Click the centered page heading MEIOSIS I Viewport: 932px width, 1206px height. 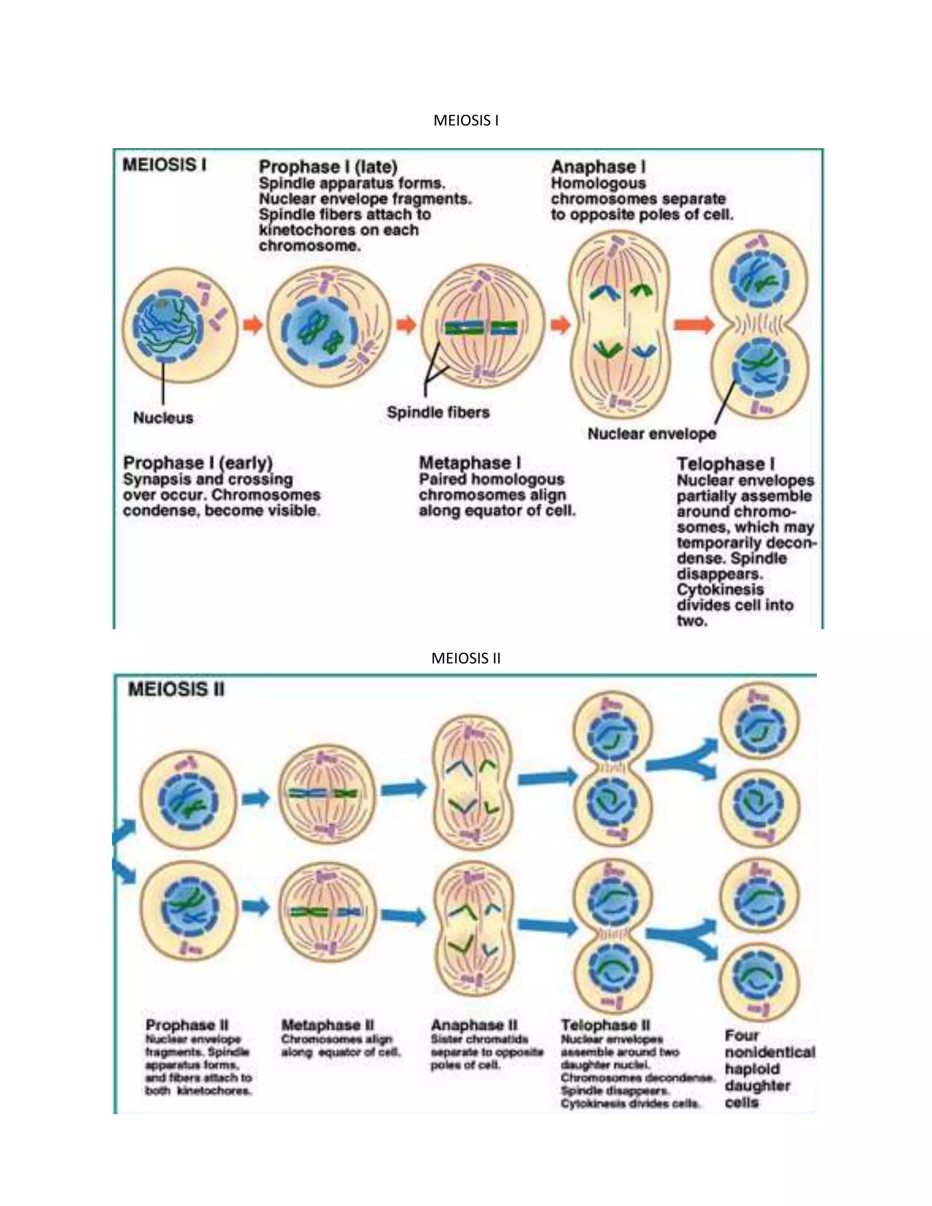pyautogui.click(x=466, y=121)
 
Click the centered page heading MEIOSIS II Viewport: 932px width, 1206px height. pyautogui.click(x=466, y=658)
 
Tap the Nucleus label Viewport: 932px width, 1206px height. pyautogui.click(x=163, y=418)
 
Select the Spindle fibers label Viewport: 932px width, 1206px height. pyautogui.click(x=438, y=412)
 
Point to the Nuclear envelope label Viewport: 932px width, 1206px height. pyautogui.click(x=652, y=434)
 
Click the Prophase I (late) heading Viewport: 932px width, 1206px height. pyautogui.click(x=328, y=166)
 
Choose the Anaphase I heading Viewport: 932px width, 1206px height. pyautogui.click(x=598, y=166)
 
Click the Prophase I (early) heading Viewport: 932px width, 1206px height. pyautogui.click(x=198, y=463)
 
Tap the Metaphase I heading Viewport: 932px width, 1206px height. pyautogui.click(x=470, y=463)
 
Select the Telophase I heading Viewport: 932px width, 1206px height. pyautogui.click(x=725, y=464)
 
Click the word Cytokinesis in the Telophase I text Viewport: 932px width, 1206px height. pyautogui.click(x=720, y=590)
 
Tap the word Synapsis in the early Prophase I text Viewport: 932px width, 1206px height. pyautogui.click(x=152, y=479)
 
